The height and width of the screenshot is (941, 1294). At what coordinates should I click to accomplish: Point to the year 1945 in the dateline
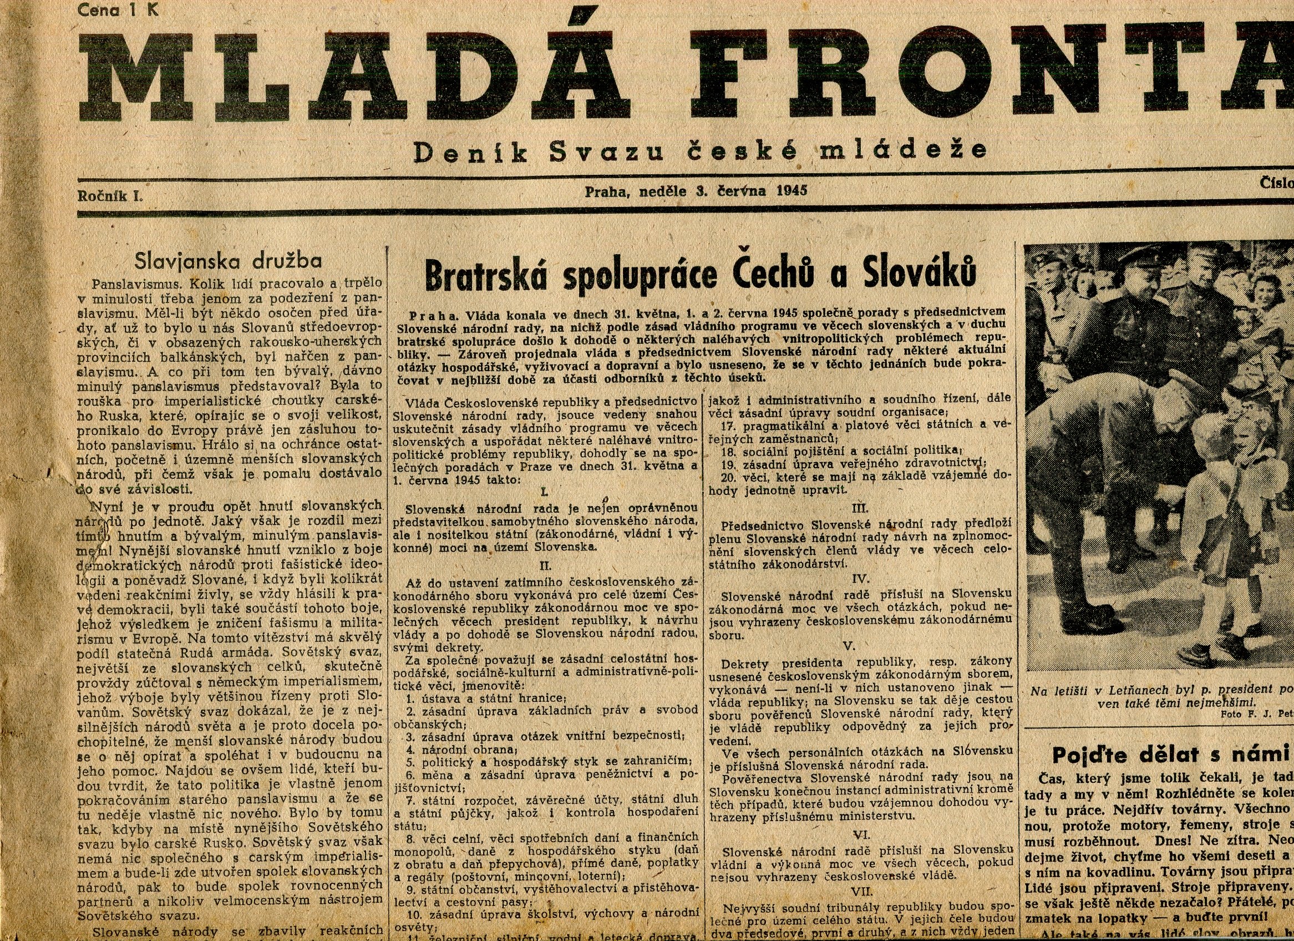click(x=791, y=191)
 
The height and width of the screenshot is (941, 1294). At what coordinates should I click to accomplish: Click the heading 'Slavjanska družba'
click(x=228, y=261)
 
